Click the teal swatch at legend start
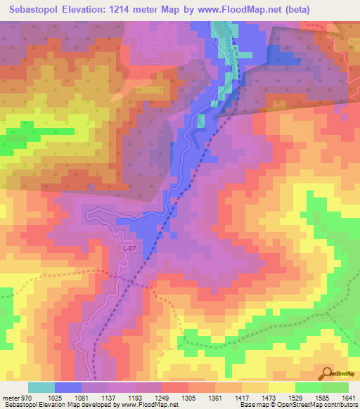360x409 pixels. tap(41, 387)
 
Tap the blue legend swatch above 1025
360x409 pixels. tap(68, 387)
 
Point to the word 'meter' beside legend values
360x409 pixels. tap(11, 397)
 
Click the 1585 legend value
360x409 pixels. tap(318, 397)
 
